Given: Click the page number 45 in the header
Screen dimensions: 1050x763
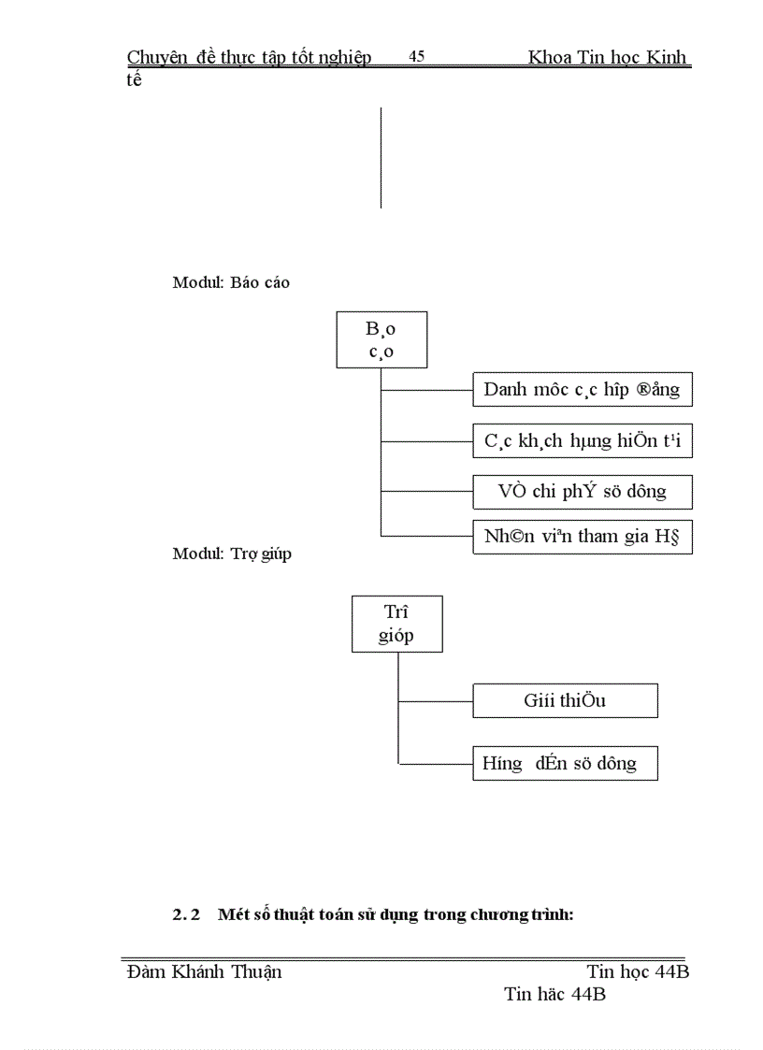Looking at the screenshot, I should tap(417, 57).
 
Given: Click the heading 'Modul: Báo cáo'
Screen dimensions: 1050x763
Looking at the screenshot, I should tap(231, 282).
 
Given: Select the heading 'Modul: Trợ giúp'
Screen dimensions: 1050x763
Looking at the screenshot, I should tap(232, 554).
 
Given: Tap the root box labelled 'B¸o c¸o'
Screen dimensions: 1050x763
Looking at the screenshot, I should tap(381, 340).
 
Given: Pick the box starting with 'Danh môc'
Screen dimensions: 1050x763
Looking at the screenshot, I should tap(583, 388).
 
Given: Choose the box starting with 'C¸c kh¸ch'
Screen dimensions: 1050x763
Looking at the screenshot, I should tap(583, 440).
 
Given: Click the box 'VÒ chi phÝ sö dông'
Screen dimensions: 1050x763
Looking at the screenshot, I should tap(583, 492).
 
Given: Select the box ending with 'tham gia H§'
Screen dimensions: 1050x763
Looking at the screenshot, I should tap(583, 537).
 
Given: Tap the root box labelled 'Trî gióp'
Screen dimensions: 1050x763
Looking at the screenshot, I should tap(396, 624).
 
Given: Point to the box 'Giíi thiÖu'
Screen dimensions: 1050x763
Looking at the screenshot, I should tap(565, 700).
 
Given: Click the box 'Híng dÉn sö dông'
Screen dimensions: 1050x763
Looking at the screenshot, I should tap(565, 763).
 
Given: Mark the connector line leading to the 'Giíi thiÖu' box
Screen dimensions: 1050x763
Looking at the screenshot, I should tap(436, 700).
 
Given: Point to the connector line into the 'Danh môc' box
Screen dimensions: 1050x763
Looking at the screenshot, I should tap(427, 388).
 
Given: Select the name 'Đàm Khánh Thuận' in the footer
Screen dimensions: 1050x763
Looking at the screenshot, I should tap(205, 971).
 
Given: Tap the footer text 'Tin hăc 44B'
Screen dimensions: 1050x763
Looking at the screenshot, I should tap(554, 994).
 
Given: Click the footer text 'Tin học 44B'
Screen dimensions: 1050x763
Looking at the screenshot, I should tap(639, 971).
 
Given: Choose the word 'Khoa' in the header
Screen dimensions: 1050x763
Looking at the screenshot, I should tap(550, 57).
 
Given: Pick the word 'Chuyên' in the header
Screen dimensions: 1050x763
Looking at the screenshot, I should tap(156, 57).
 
